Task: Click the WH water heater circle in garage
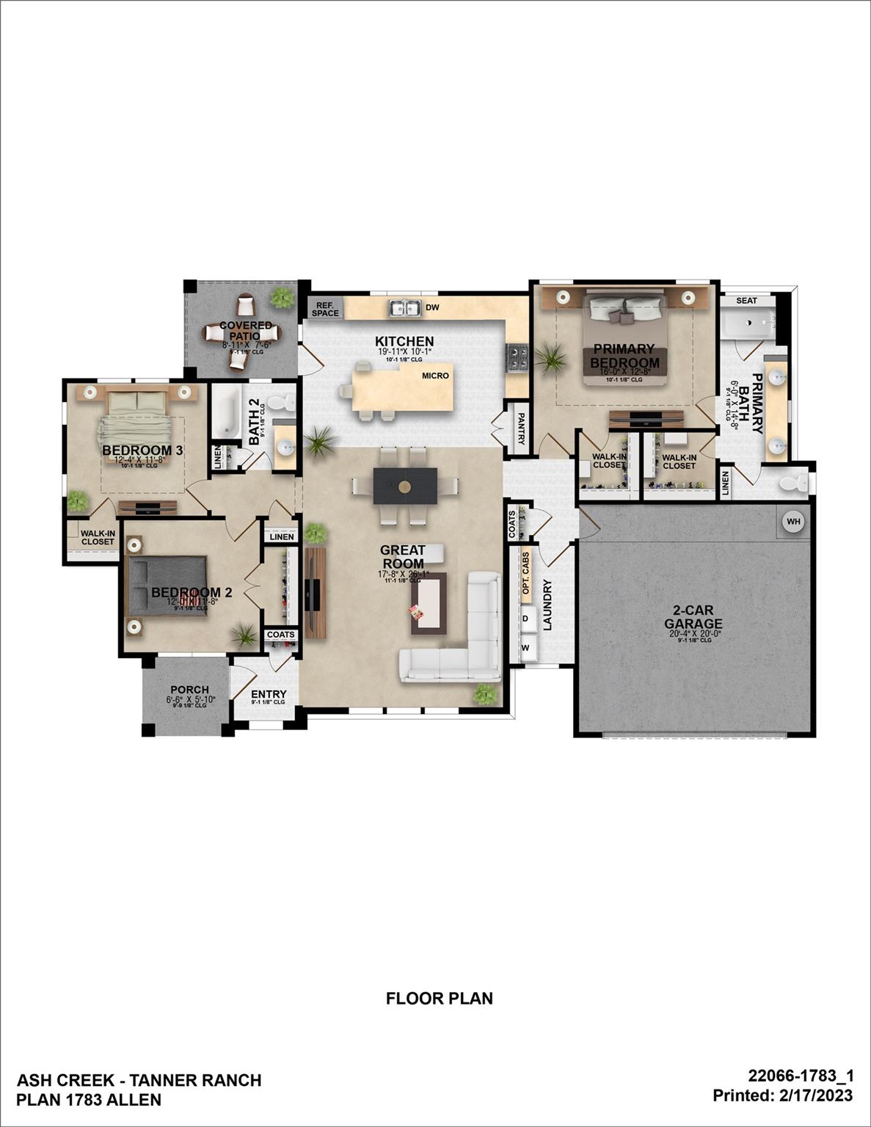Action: [x=793, y=522]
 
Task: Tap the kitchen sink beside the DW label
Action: [x=404, y=308]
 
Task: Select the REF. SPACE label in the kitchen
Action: [x=325, y=309]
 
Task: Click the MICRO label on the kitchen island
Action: [x=435, y=376]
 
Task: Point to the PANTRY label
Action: [x=521, y=428]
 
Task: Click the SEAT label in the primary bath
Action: [x=746, y=301]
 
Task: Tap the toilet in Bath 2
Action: [x=279, y=403]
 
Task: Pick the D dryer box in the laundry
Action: [x=525, y=619]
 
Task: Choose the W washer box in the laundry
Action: [x=525, y=648]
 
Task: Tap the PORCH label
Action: [x=189, y=690]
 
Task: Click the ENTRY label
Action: [x=269, y=694]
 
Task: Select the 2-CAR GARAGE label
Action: [x=693, y=617]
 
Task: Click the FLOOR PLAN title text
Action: [x=439, y=999]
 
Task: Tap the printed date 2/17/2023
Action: [x=817, y=1095]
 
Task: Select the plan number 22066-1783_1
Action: [x=801, y=1076]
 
